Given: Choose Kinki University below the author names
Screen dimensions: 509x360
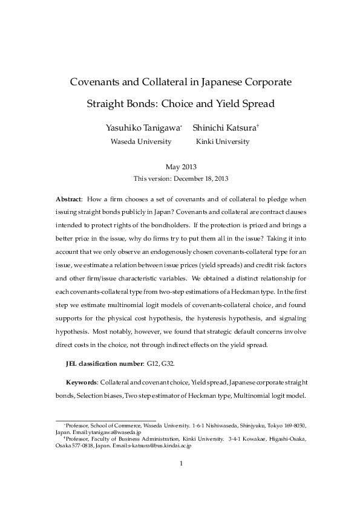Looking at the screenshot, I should click(222, 141).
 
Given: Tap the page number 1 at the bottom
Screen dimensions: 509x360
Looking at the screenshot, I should click(181, 464).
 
